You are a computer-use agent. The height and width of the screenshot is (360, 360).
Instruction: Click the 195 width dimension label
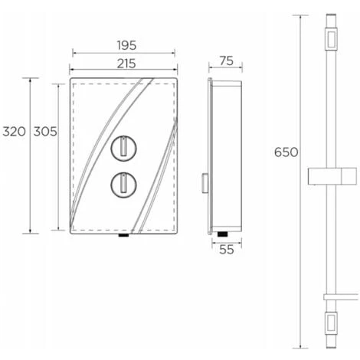coord(127,46)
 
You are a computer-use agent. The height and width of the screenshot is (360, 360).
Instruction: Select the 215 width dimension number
coord(126,64)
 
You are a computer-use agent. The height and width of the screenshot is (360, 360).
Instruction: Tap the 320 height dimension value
coord(15,132)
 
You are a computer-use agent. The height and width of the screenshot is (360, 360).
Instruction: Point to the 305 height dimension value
coord(45,132)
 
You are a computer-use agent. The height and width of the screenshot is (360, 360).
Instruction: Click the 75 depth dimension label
coord(227,61)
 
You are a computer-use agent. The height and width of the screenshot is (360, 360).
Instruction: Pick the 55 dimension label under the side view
coord(227,250)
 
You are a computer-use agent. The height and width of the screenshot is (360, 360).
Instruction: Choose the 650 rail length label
coord(286,152)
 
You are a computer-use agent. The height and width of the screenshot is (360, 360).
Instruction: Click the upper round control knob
coord(123,149)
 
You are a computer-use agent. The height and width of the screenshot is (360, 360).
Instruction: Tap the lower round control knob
coord(123,185)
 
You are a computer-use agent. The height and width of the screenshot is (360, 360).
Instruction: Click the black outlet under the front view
coord(123,235)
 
